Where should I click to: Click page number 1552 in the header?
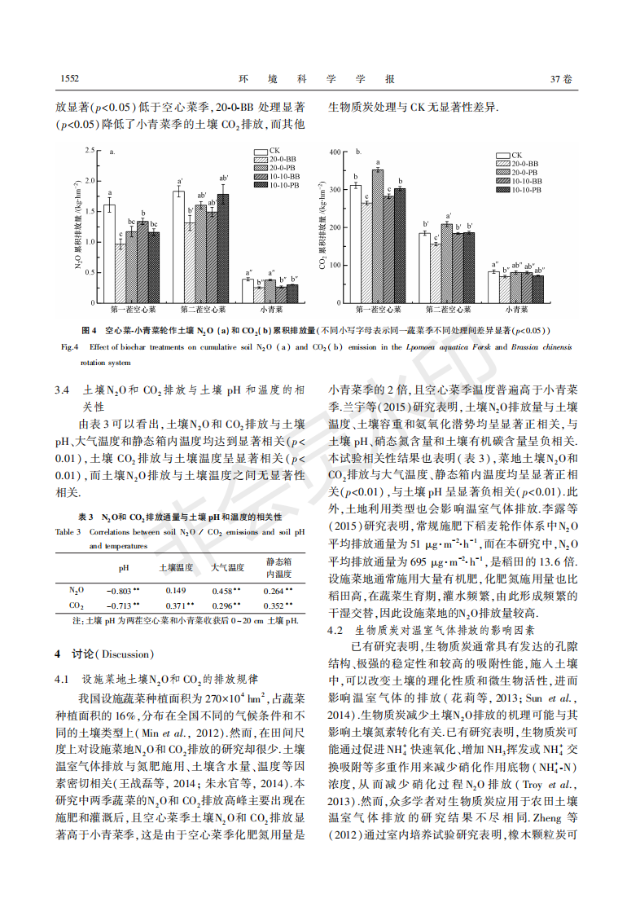(x=68, y=79)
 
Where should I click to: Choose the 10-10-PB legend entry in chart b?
(x=524, y=189)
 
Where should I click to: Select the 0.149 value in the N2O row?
(x=175, y=590)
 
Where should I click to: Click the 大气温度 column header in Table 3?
(x=227, y=567)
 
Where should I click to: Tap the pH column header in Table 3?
(x=124, y=567)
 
